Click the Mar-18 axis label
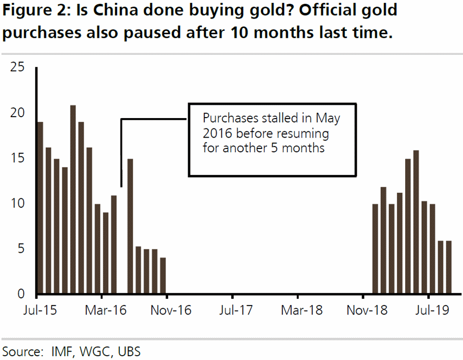click(298, 311)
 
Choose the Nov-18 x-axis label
click(363, 311)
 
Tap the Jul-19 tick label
click(429, 311)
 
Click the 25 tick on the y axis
click(17, 68)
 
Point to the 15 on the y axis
click(17, 159)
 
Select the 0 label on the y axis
click(20, 294)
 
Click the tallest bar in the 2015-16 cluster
click(73, 200)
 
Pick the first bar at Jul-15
click(40, 209)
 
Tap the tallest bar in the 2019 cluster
click(416, 223)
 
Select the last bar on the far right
click(449, 268)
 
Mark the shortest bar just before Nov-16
click(163, 277)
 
